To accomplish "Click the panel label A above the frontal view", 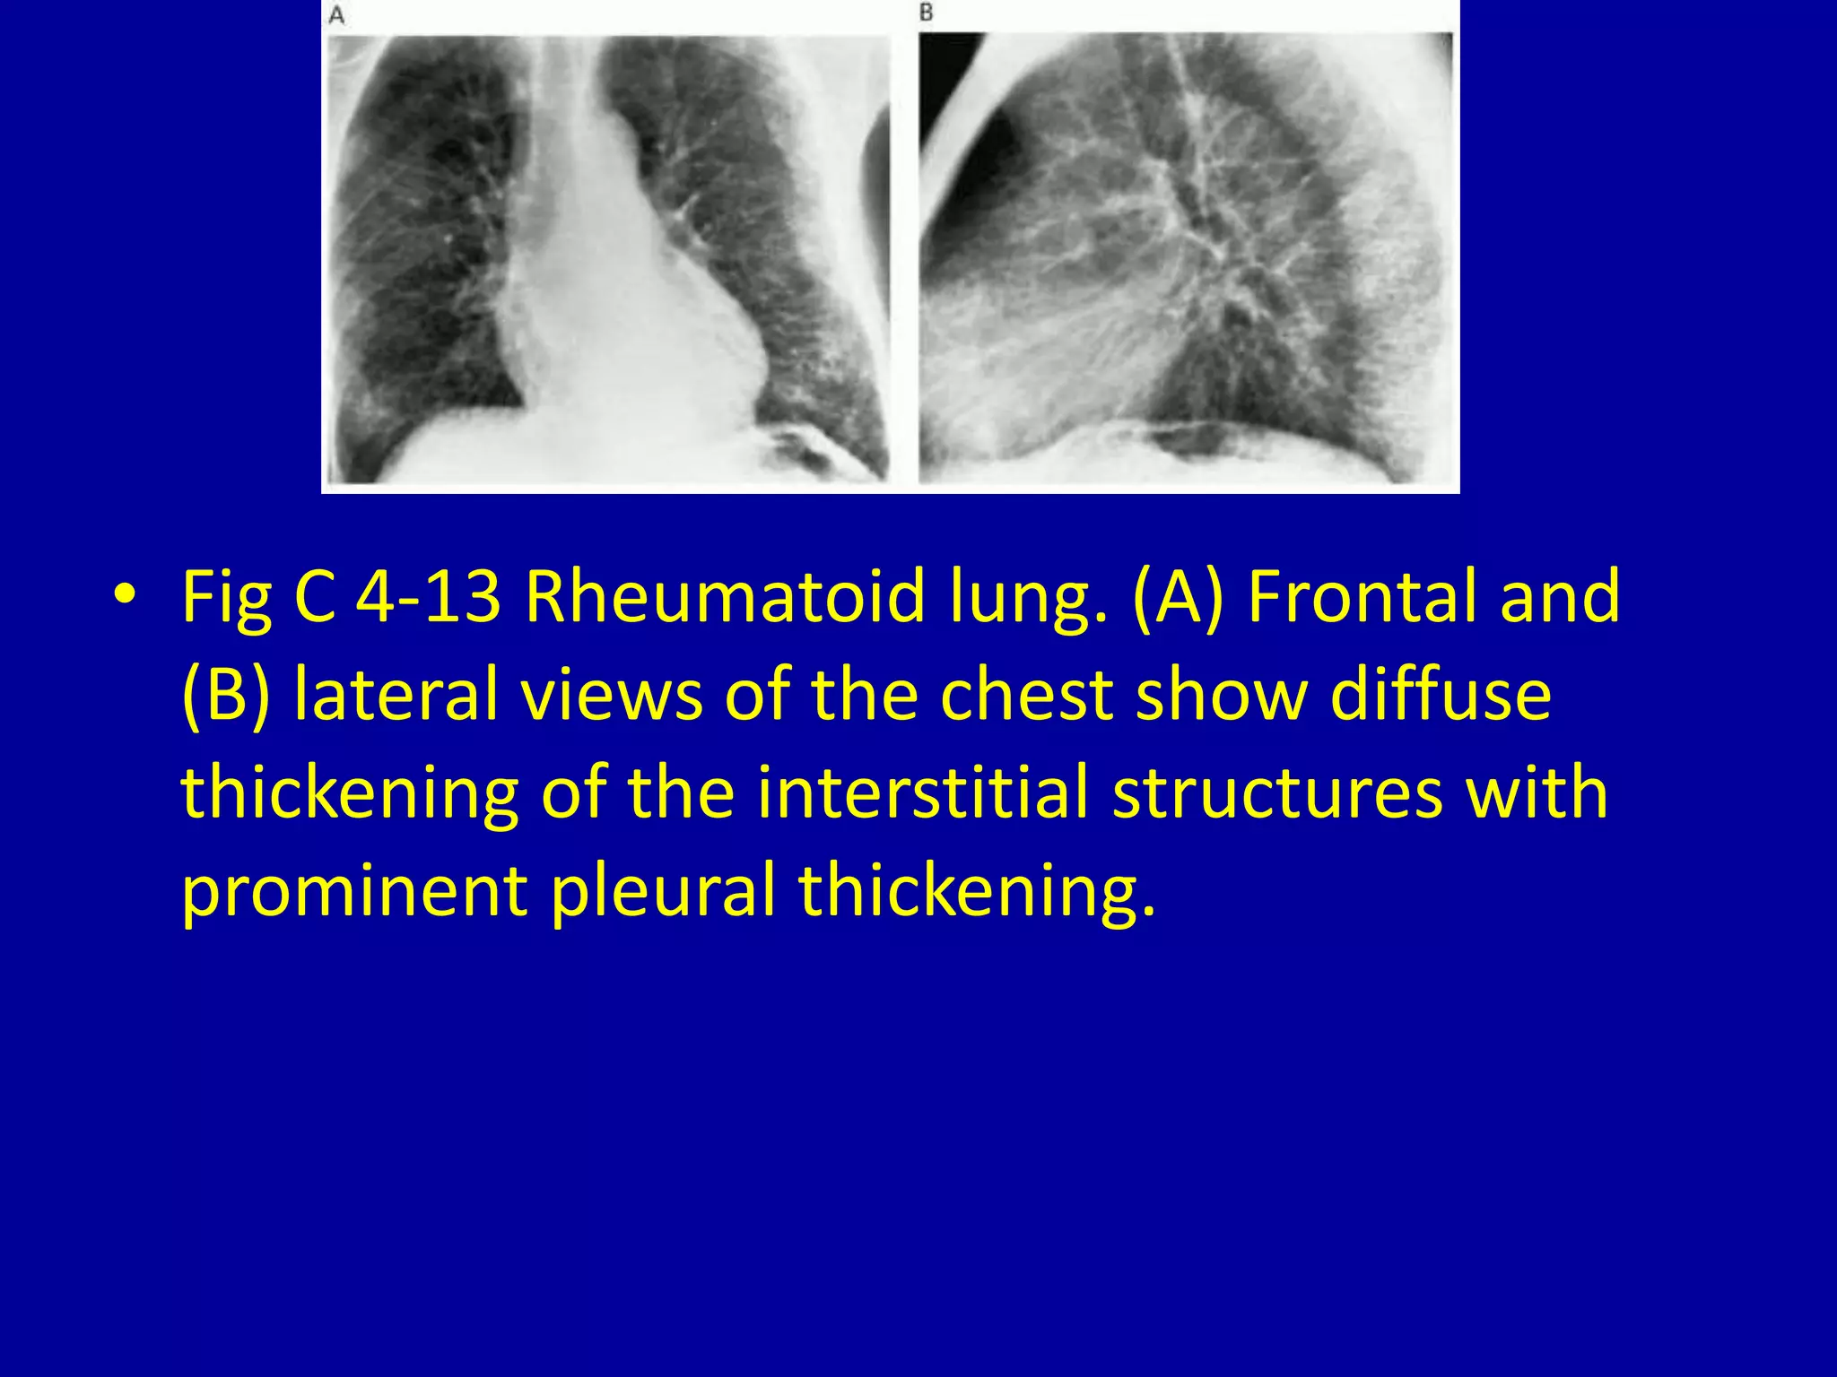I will [337, 16].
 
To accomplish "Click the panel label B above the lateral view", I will [927, 13].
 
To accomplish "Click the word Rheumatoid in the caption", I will [725, 596].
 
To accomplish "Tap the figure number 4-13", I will [429, 596].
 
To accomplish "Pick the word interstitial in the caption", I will [922, 792].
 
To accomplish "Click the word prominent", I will [354, 890].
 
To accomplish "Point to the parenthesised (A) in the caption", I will [1178, 596].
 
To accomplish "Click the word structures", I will [1277, 792].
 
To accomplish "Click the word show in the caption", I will [1222, 695].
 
